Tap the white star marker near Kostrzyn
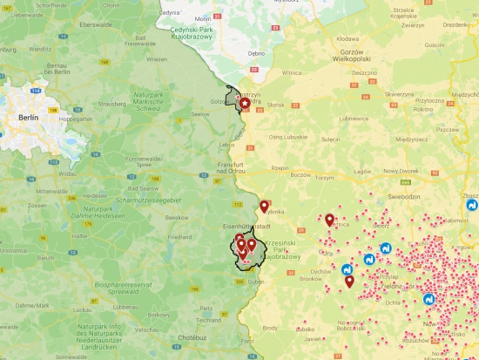coord(245,104)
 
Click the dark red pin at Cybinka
coord(265,207)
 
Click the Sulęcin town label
coord(330,138)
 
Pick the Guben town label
coord(256,283)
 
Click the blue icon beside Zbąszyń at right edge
coord(472,207)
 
